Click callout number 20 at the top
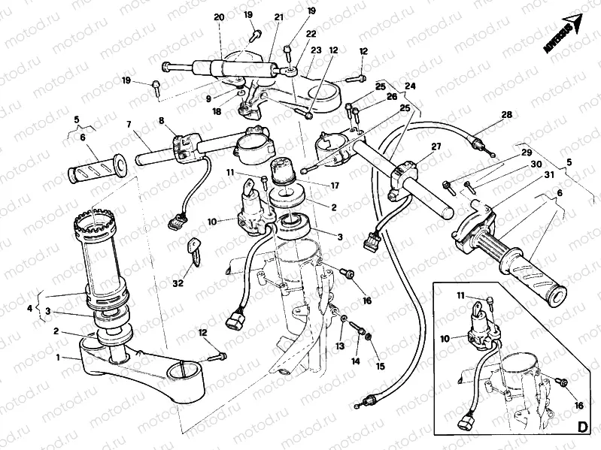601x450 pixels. pyautogui.click(x=219, y=17)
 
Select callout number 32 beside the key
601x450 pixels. pyautogui.click(x=178, y=283)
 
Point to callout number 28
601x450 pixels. pyautogui.click(x=506, y=114)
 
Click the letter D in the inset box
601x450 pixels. pyautogui.click(x=581, y=427)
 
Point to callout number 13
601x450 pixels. pyautogui.click(x=339, y=346)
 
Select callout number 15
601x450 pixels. pyautogui.click(x=357, y=361)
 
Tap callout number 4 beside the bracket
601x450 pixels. pyautogui.click(x=380, y=366)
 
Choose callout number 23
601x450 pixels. pyautogui.click(x=316, y=50)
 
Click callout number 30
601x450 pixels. pyautogui.click(x=536, y=165)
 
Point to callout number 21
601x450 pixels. pyautogui.click(x=279, y=17)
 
